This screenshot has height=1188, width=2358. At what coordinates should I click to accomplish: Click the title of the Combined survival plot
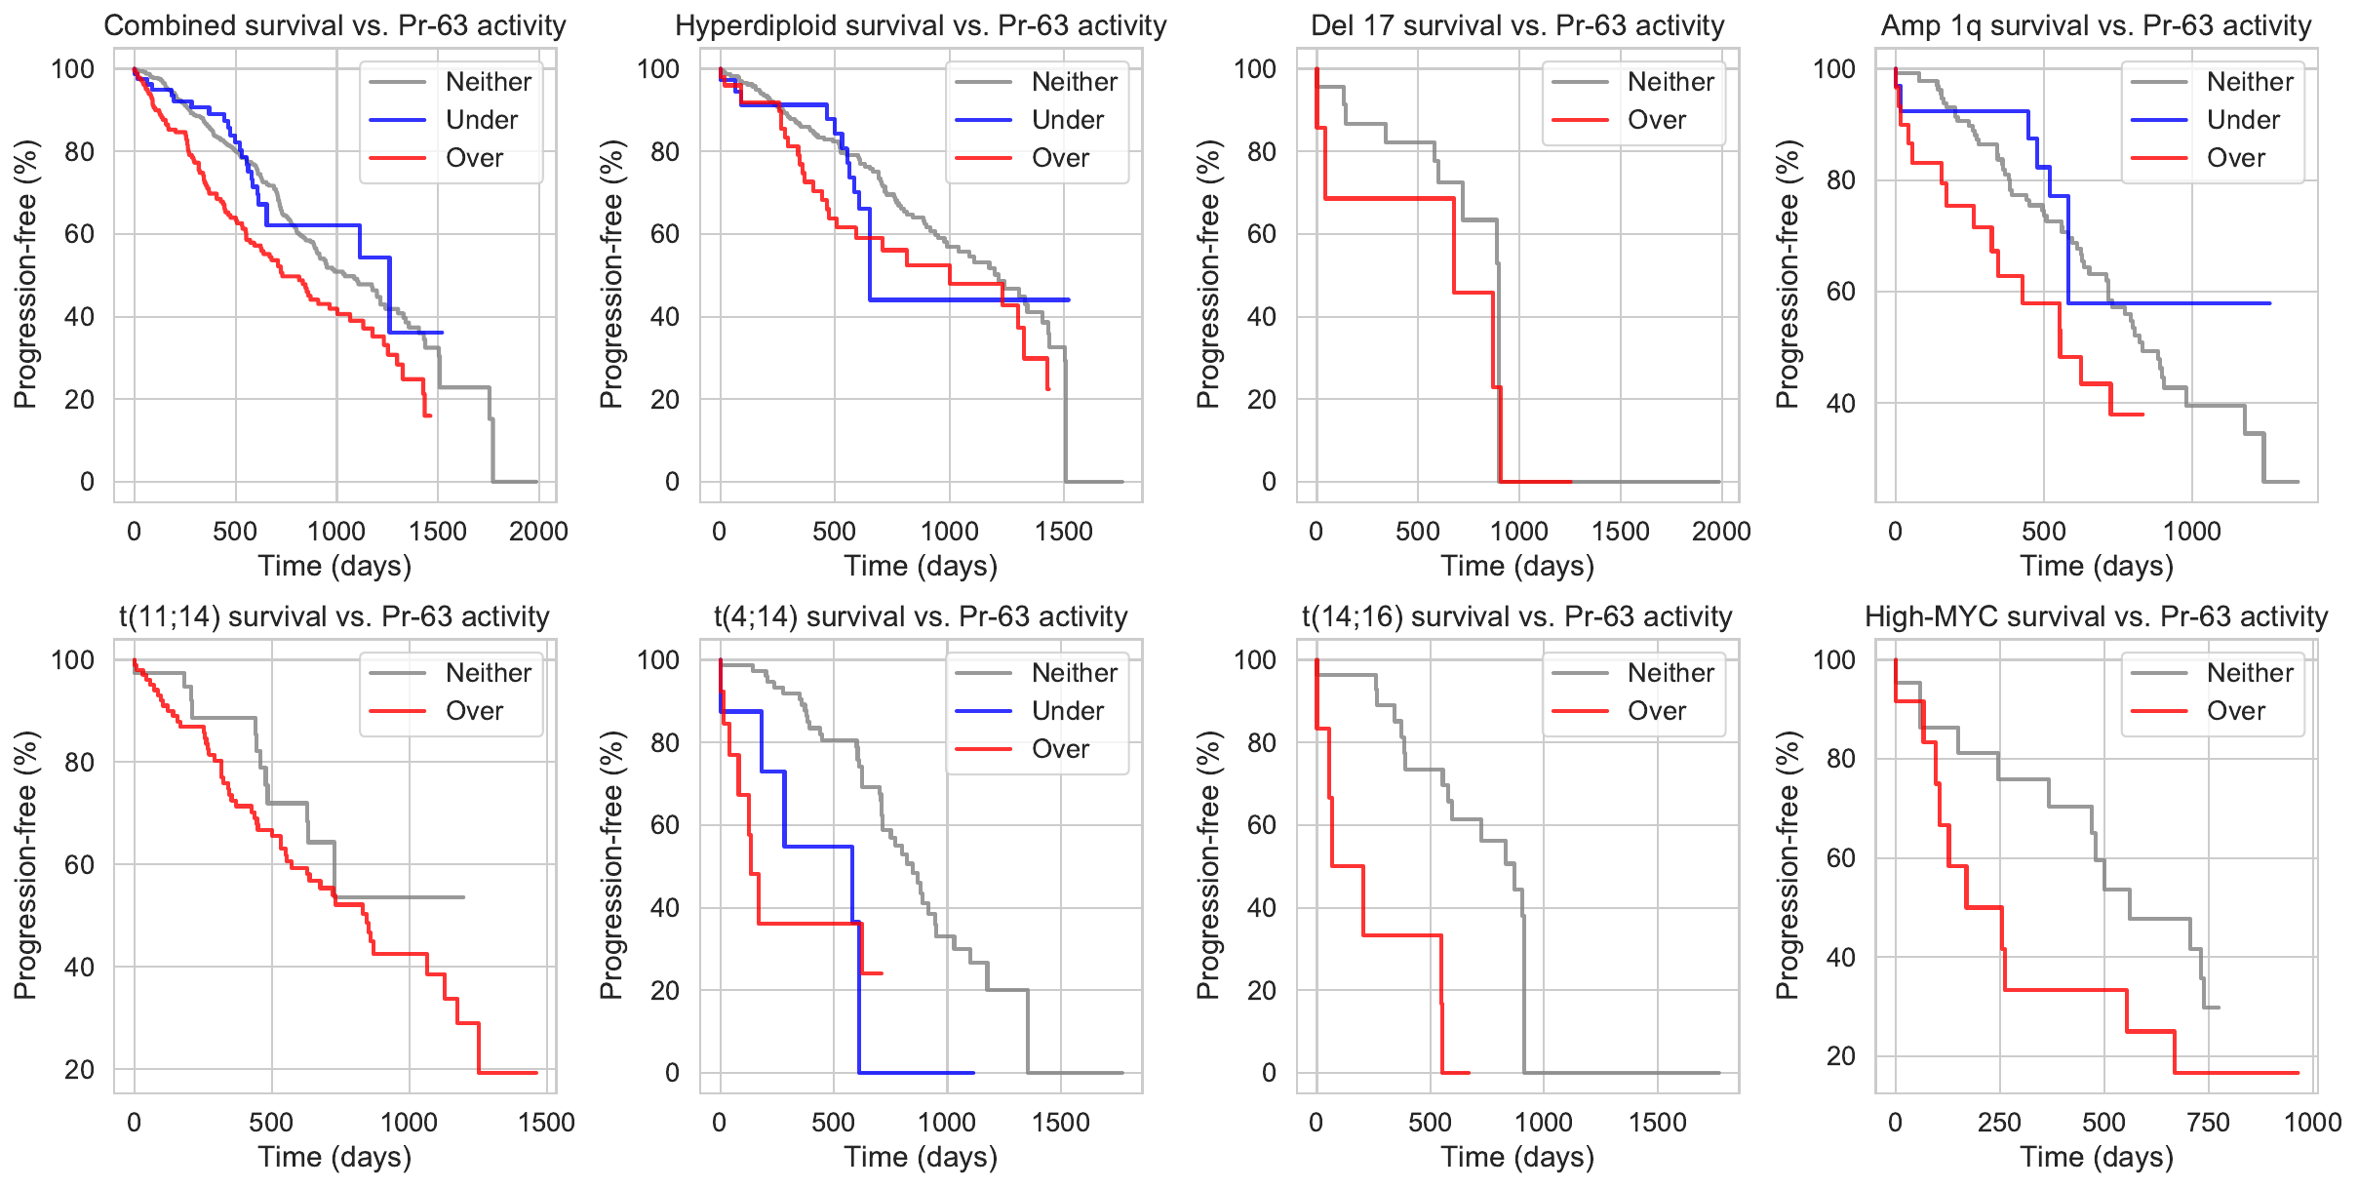pyautogui.click(x=334, y=25)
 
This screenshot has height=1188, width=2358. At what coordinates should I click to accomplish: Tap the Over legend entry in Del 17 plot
pyautogui.click(x=1656, y=120)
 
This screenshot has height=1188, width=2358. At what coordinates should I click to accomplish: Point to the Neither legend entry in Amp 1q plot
pyautogui.click(x=2250, y=82)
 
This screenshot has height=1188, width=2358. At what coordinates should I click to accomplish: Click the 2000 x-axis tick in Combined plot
pyautogui.click(x=538, y=532)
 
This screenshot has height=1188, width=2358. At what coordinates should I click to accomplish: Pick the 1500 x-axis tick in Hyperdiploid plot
pyautogui.click(x=1064, y=532)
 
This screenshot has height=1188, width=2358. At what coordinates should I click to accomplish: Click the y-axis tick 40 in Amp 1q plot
pyautogui.click(x=1840, y=403)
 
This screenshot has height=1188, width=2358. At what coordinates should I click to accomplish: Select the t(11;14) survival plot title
pyautogui.click(x=334, y=616)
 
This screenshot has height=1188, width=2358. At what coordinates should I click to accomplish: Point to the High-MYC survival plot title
pyautogui.click(x=2096, y=616)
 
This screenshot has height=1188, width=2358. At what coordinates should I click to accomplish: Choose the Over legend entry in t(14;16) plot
pyautogui.click(x=1656, y=711)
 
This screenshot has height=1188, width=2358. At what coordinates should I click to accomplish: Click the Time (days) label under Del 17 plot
pyautogui.click(x=1517, y=567)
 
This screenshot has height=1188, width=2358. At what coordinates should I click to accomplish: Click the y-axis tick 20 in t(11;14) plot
pyautogui.click(x=80, y=1070)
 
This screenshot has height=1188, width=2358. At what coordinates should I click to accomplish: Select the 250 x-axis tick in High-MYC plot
pyautogui.click(x=1999, y=1123)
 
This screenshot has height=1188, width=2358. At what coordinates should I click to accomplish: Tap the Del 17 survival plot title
pyautogui.click(x=1517, y=25)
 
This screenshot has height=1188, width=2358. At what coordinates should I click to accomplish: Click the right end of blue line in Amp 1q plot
pyautogui.click(x=2270, y=303)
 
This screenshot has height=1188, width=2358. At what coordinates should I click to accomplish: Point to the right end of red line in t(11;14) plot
pyautogui.click(x=536, y=1073)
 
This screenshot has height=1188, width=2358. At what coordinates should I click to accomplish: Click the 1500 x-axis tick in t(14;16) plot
pyautogui.click(x=1658, y=1123)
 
